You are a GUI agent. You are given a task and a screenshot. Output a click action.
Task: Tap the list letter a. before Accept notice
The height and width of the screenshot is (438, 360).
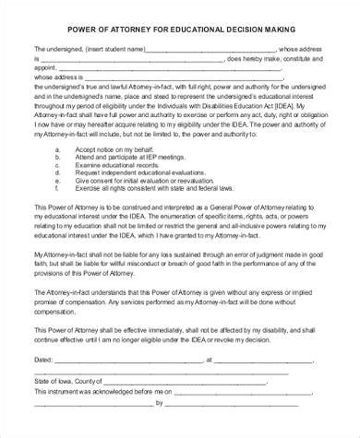(58, 148)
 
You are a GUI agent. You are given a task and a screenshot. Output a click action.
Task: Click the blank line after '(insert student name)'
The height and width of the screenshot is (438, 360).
(212, 49)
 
